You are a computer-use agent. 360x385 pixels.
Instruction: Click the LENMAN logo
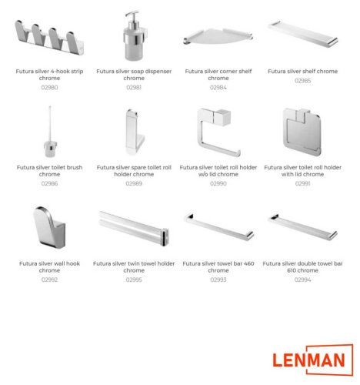[x=313, y=360]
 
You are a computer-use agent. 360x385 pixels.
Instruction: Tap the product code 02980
[x=49, y=88]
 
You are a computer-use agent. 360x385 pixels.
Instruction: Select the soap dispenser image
[x=135, y=35]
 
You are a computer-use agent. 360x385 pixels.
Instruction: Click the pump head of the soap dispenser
[x=132, y=15]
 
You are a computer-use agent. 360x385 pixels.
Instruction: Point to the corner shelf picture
[x=218, y=36]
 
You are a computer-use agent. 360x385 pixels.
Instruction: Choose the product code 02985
[x=302, y=81]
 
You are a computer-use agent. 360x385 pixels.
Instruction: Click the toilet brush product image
[x=50, y=132]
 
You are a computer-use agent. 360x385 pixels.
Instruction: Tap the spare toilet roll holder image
[x=135, y=132]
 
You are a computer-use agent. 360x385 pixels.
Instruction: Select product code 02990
[x=218, y=183]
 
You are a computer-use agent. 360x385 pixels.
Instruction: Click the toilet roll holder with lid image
[x=302, y=132]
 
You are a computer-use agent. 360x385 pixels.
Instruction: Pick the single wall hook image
[x=49, y=227]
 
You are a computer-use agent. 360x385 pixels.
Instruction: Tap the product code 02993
[x=218, y=280]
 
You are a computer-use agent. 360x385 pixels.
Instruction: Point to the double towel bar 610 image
[x=303, y=227]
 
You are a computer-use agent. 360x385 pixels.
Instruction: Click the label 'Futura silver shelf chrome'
[x=302, y=72]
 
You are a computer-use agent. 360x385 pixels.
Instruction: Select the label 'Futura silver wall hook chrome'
[x=49, y=267]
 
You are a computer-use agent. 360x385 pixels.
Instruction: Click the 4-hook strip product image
[x=49, y=37]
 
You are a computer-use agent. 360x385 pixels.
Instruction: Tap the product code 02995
[x=134, y=280]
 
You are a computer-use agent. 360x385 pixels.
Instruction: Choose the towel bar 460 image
[x=218, y=227]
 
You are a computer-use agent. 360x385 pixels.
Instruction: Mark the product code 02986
[x=49, y=183]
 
